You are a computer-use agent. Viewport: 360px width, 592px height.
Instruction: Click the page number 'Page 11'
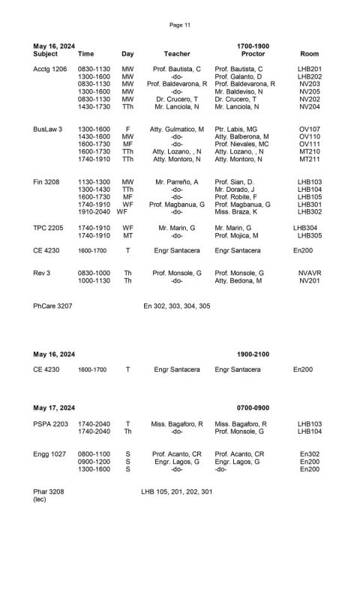click(180, 25)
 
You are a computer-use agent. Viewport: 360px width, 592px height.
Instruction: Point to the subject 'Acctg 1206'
click(50, 69)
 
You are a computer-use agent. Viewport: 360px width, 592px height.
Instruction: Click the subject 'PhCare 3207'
click(52, 306)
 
